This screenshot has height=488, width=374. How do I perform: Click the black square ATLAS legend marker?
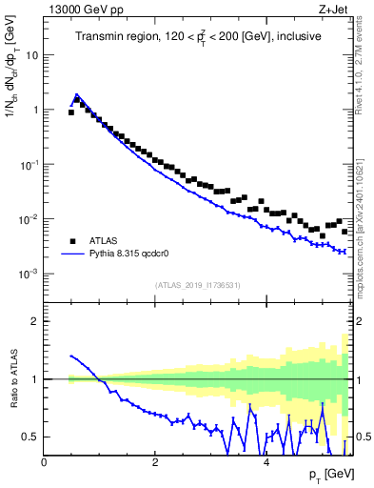pos(71,241)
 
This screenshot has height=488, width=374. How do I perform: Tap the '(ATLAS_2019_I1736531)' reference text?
pos(198,285)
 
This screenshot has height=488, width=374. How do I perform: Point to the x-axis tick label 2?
pos(155,462)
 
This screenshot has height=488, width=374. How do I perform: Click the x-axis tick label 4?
pos(266,462)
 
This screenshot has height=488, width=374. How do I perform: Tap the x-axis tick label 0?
pos(44,462)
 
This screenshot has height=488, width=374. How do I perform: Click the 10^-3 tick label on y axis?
pos(28,274)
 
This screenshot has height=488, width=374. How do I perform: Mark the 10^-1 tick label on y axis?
pos(28,164)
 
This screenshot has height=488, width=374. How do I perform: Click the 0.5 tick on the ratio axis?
pos(30,437)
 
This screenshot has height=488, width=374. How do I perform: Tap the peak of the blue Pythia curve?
pos(77,95)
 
